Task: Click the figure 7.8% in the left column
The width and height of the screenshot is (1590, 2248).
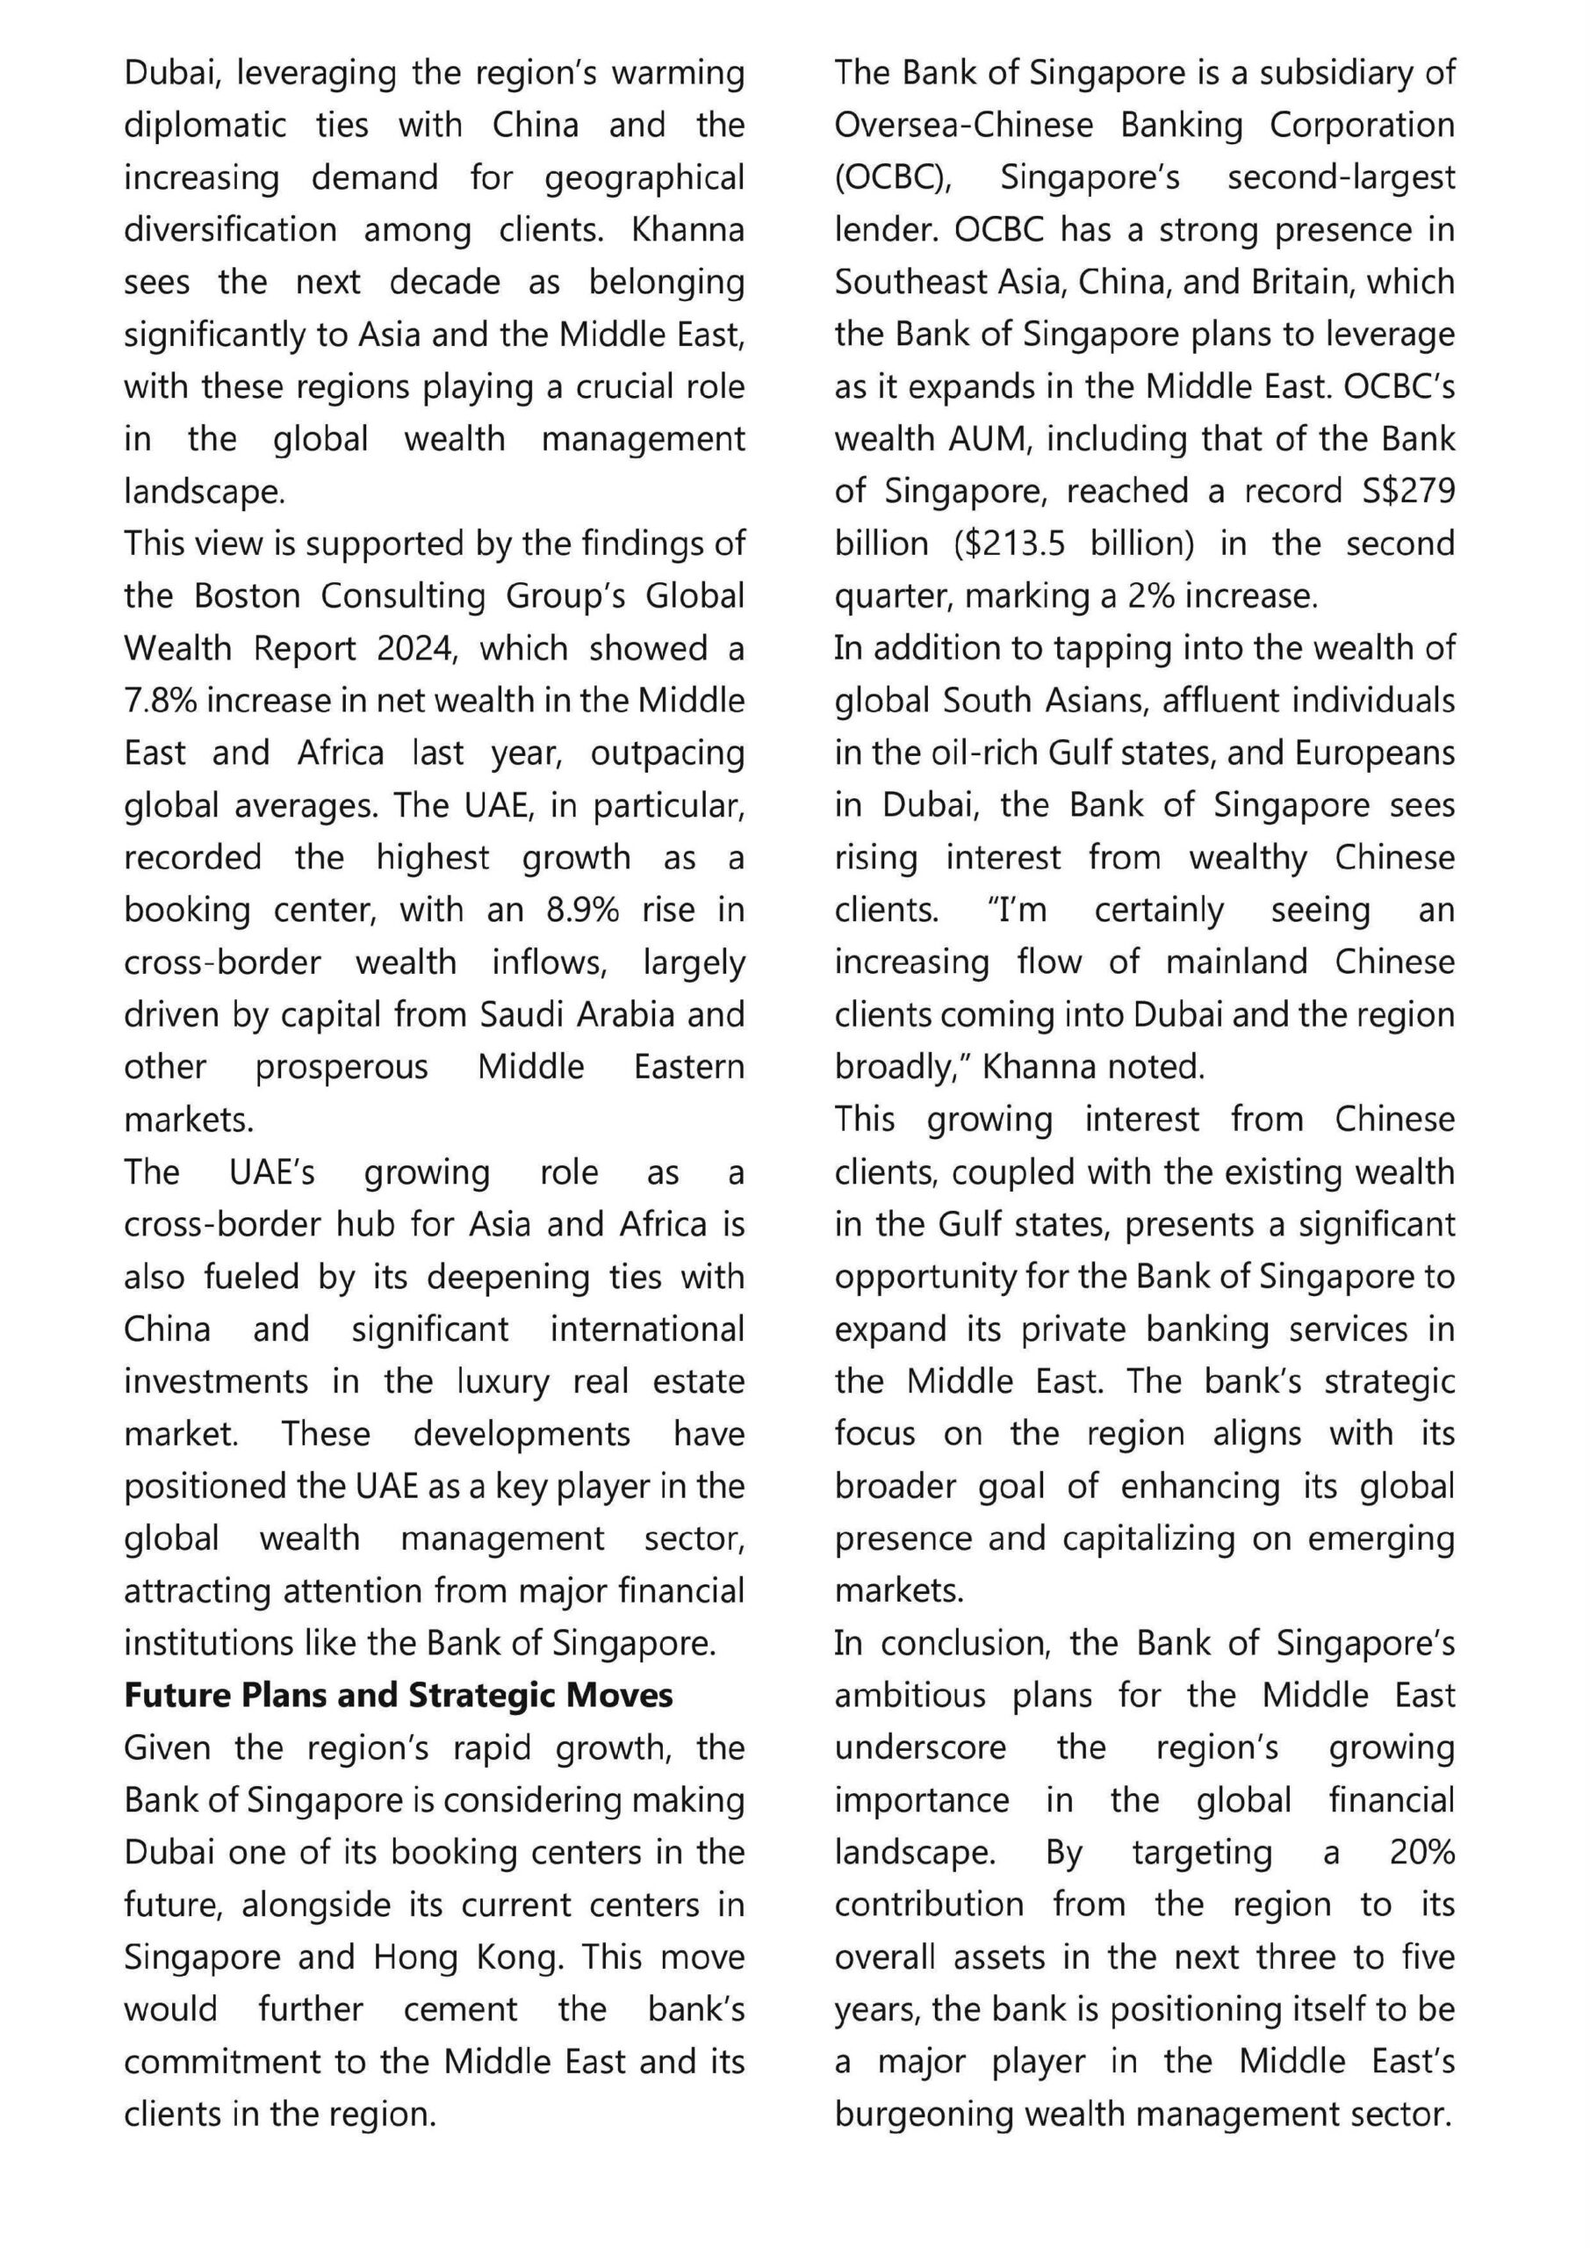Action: click(x=161, y=701)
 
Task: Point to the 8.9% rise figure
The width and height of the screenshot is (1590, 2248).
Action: click(x=583, y=911)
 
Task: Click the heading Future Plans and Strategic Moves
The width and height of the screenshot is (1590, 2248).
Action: click(x=399, y=1696)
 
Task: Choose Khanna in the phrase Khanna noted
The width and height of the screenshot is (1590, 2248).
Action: click(x=1038, y=1067)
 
